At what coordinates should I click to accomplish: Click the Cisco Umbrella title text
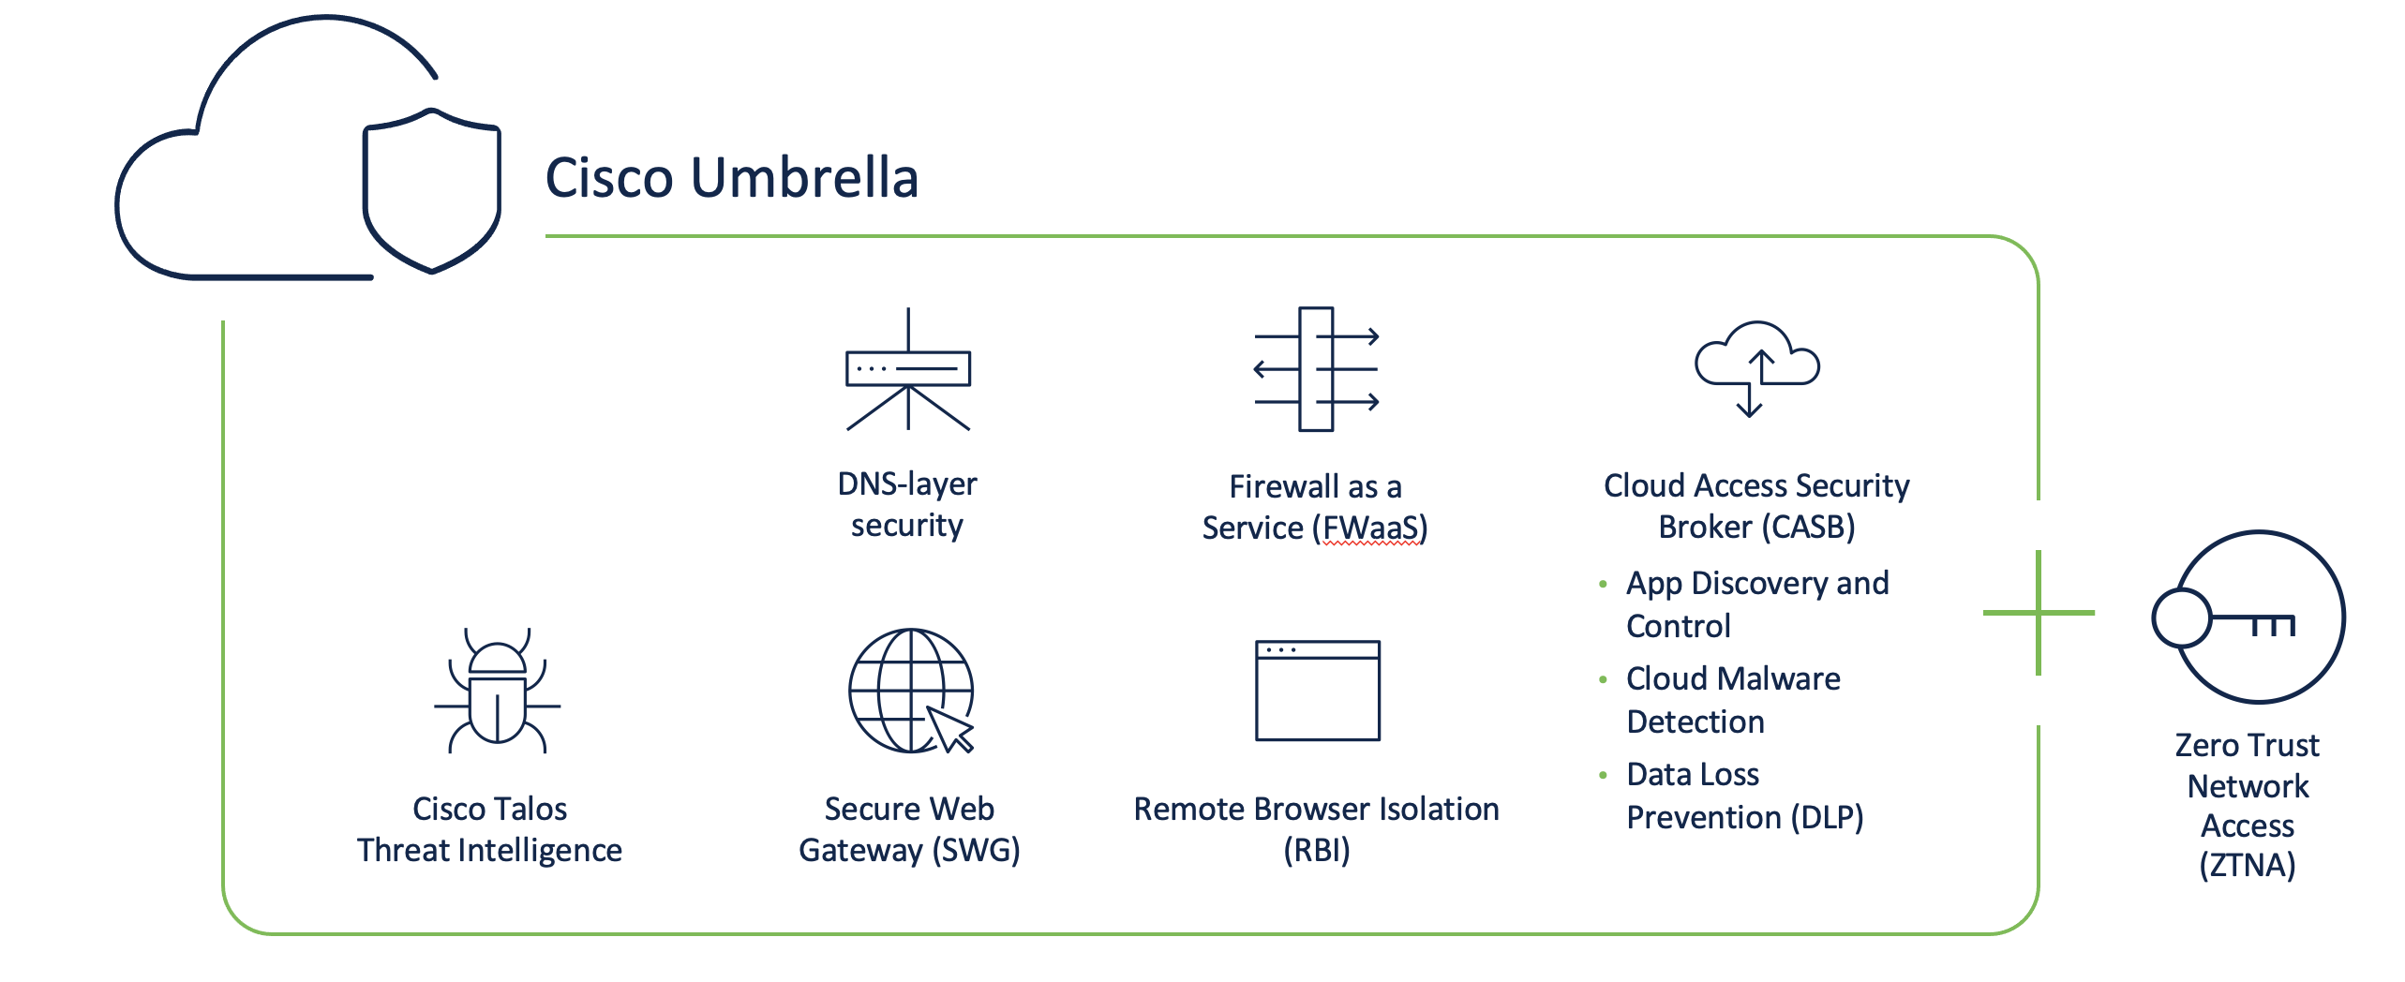click(731, 178)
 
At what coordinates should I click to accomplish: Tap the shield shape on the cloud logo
click(432, 191)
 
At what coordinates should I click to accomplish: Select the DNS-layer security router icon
click(907, 369)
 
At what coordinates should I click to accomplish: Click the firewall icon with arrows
click(1316, 369)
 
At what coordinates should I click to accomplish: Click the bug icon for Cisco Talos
click(497, 693)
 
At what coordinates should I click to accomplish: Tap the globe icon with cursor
click(910, 691)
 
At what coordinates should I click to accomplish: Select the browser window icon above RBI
click(1317, 691)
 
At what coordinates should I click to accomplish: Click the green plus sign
click(2039, 613)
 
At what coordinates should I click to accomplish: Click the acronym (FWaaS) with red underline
click(1370, 528)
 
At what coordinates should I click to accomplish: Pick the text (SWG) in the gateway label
click(976, 851)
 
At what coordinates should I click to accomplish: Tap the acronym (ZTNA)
click(2247, 865)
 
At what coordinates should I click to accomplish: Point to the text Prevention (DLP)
click(1744, 818)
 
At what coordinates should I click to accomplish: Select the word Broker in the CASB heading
click(1705, 528)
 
